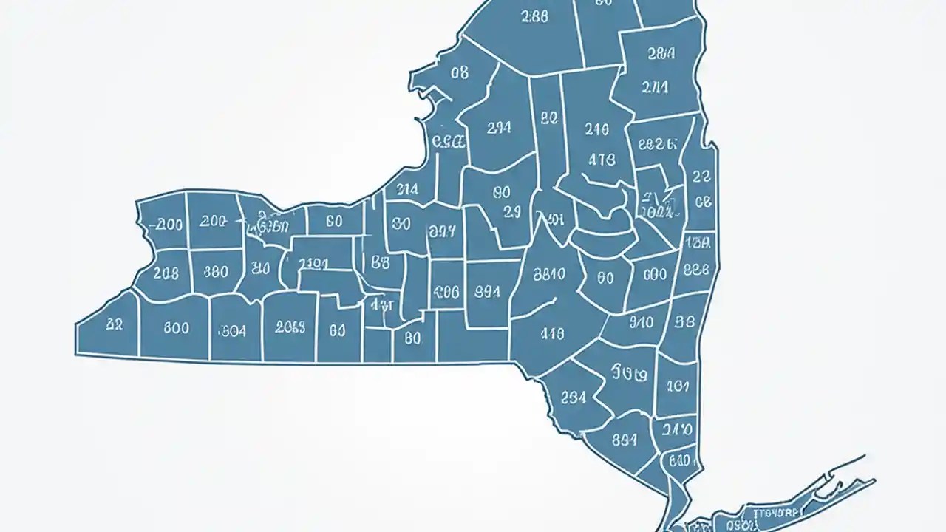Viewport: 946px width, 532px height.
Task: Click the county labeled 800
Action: pyautogui.click(x=175, y=328)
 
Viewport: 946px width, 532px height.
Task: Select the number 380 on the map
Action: pyautogui.click(x=215, y=272)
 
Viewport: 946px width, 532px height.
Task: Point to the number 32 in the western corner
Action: pyautogui.click(x=114, y=324)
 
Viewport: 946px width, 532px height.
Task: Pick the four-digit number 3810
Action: pyautogui.click(x=548, y=274)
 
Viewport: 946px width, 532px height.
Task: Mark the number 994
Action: pyautogui.click(x=486, y=291)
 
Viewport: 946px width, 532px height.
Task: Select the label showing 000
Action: pyautogui.click(x=655, y=275)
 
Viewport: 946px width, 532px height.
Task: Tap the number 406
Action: pyautogui.click(x=446, y=291)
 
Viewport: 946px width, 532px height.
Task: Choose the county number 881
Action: pyautogui.click(x=625, y=438)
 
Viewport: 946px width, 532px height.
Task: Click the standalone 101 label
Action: pyautogui.click(x=677, y=386)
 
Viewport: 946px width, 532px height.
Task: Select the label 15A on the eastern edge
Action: pyautogui.click(x=698, y=241)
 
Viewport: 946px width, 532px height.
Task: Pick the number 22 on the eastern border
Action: pyautogui.click(x=701, y=177)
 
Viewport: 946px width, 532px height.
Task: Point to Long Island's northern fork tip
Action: pyautogui.click(x=864, y=456)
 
